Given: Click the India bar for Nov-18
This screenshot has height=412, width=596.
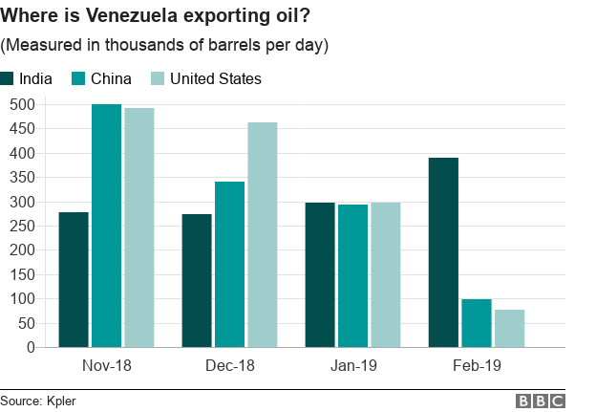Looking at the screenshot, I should (73, 279).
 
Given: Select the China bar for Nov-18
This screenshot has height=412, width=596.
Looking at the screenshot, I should (106, 226).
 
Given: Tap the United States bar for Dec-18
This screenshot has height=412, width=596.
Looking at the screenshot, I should (262, 234).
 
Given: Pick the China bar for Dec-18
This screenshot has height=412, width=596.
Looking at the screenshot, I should (229, 264).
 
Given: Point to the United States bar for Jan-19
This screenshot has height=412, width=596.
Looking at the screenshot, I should (385, 274).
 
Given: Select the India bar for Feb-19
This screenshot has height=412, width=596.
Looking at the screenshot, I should (443, 252).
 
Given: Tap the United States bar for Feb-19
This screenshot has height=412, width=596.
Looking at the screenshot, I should (509, 328).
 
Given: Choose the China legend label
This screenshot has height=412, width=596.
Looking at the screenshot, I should (112, 78).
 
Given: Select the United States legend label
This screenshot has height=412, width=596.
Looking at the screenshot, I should (215, 78).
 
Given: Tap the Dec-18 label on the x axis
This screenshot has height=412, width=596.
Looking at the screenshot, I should (229, 365).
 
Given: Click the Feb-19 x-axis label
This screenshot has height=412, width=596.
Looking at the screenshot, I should (476, 365).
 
